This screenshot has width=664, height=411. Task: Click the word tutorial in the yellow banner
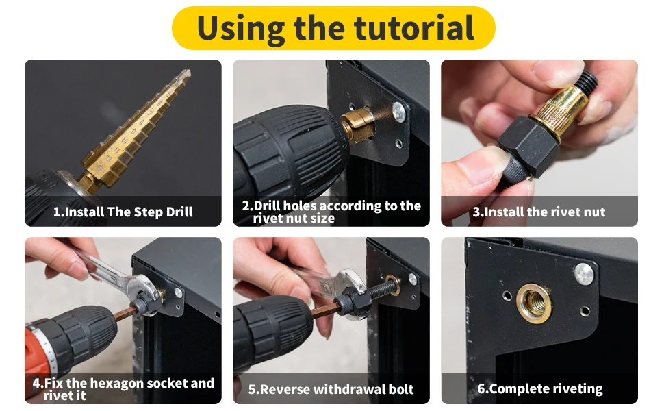click(413, 28)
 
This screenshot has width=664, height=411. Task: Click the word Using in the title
click(240, 29)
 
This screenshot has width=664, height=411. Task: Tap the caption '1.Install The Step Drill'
click(123, 212)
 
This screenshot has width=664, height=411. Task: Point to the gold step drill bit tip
click(188, 72)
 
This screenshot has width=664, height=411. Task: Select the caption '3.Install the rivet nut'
click(539, 212)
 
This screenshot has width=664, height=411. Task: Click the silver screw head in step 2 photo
click(398, 112)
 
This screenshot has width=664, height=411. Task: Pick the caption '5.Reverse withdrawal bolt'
click(331, 389)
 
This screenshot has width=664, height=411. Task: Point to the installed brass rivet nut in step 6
click(534, 303)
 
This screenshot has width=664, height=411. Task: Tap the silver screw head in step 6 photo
click(584, 273)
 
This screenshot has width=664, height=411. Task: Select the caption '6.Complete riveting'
click(540, 388)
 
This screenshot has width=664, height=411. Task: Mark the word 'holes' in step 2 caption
click(300, 206)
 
